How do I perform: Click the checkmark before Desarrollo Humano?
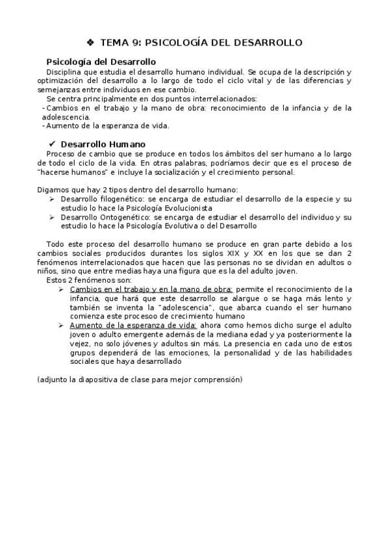point(52,144)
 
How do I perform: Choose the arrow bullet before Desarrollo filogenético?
point(52,199)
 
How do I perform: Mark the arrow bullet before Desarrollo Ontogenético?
point(52,217)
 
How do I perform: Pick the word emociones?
point(182,352)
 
